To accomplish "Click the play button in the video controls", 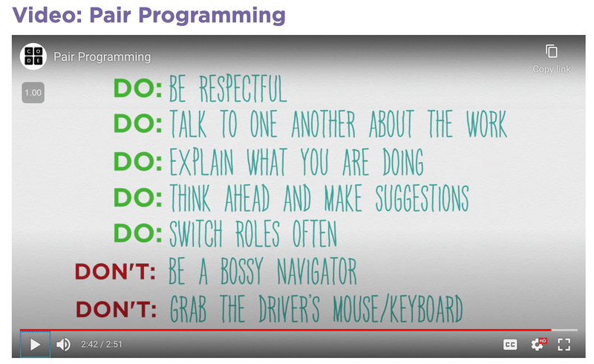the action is pos(35,345).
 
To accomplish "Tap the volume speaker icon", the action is pos(63,345).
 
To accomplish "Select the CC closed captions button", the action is pos(510,345).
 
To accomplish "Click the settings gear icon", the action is pos(538,344).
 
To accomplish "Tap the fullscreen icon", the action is pos(564,345).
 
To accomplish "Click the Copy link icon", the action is pos(552,51).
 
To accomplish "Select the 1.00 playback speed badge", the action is pos(33,93).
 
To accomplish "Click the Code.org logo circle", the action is pos(33,56).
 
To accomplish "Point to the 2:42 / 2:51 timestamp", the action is pos(101,344).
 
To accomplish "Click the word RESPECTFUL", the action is pos(243,88).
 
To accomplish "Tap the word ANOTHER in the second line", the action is pos(324,123).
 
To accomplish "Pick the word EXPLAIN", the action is pos(201,162).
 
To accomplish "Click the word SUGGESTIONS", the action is pos(422,198).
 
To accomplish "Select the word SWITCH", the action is pos(195,233).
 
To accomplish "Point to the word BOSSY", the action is pos(241,270).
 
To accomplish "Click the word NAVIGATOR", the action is pos(317,270).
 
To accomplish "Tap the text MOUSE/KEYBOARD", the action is pos(398,308).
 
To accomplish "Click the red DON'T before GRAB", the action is pos(116,309).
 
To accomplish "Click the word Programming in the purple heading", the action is pos(212,16).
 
